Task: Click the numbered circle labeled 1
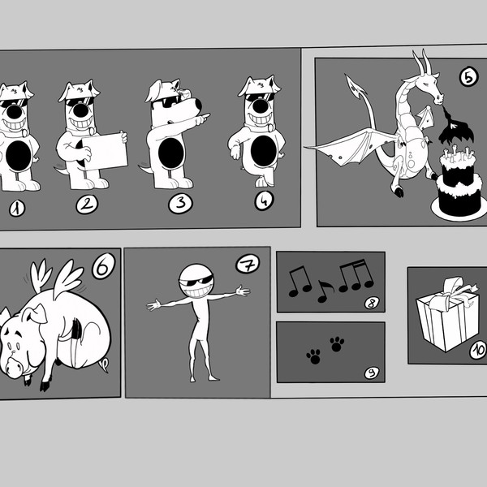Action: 16,208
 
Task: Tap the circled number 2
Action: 87,205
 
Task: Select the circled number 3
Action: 180,203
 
